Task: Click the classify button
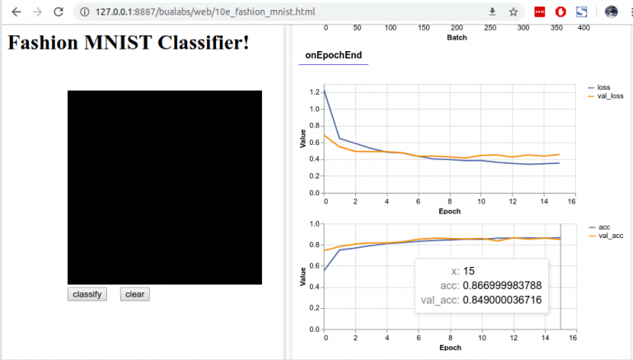(x=87, y=294)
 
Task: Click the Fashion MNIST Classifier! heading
(x=129, y=43)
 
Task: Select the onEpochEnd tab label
(x=333, y=55)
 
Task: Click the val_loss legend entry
(x=611, y=96)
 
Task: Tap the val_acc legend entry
(x=610, y=236)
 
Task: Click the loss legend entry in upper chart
(x=603, y=87)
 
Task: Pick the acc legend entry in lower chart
(x=603, y=227)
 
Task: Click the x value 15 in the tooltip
(x=469, y=270)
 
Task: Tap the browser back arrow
(x=16, y=12)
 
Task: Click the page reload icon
(x=59, y=12)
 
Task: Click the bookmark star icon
(x=513, y=12)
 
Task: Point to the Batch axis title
(x=457, y=37)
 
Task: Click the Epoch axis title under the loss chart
(x=449, y=211)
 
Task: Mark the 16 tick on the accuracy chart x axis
(x=571, y=338)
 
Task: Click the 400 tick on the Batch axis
(x=584, y=27)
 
